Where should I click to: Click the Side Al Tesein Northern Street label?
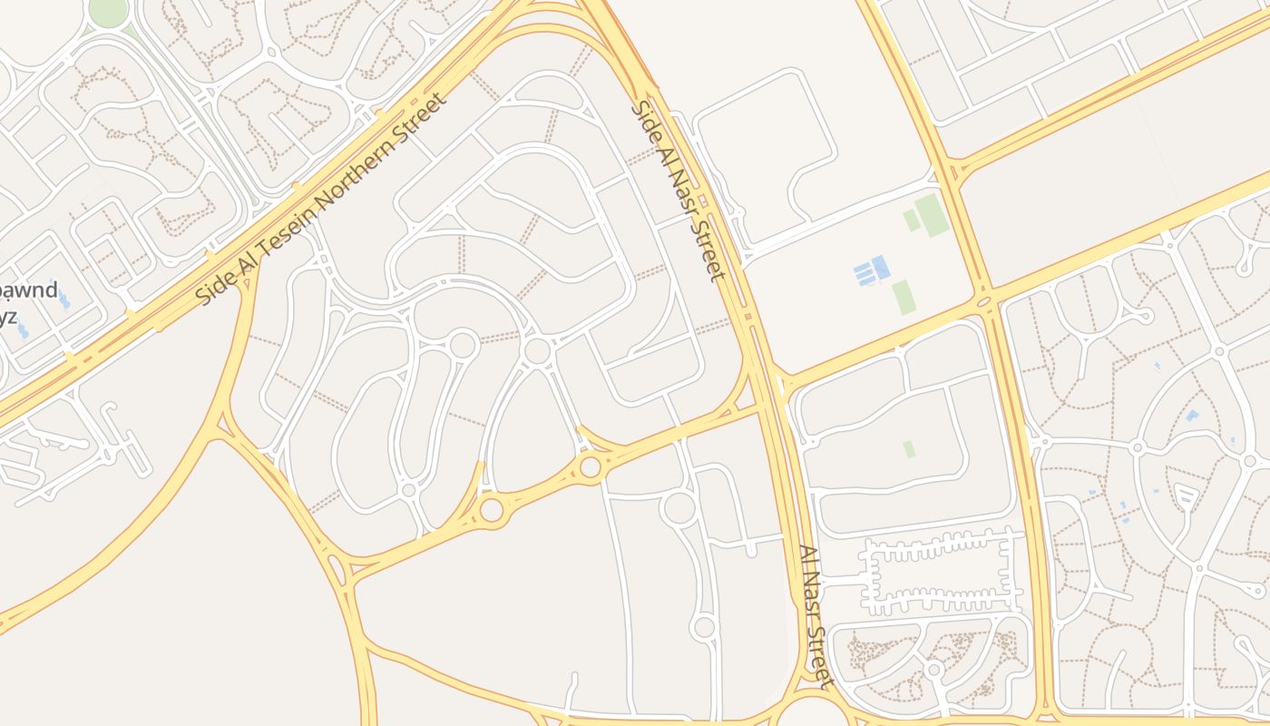[322, 199]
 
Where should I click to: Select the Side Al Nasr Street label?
[678, 191]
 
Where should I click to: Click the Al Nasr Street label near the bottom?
[815, 616]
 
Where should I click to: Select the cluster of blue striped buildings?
[871, 270]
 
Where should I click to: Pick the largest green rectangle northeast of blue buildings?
[932, 215]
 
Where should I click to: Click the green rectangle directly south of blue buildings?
[903, 297]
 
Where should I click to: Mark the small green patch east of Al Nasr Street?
[909, 449]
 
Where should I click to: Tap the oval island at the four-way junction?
[984, 300]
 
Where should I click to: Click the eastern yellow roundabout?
[591, 466]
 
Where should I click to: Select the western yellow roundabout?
[492, 509]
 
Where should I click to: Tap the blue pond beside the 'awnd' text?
[63, 299]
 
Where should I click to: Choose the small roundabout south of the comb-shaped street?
[933, 670]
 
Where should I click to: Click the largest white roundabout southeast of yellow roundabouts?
[679, 507]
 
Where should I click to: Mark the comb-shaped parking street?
[939, 574]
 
